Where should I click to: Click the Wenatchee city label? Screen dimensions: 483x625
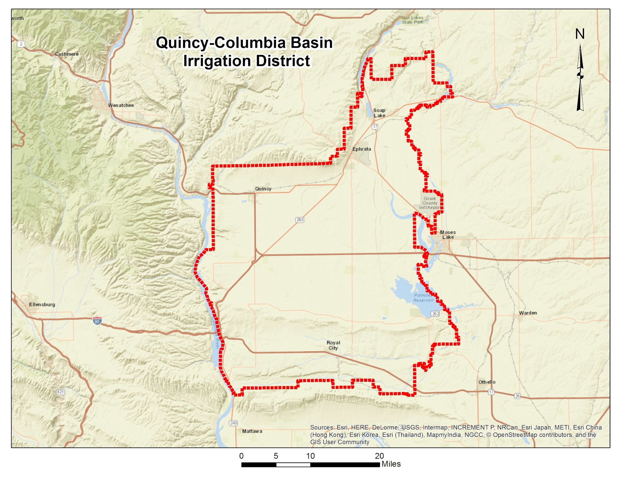(x=121, y=105)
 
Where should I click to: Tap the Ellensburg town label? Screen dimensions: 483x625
(x=42, y=304)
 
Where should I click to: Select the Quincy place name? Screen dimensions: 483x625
(x=263, y=189)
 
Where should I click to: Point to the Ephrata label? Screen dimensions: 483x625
(x=362, y=149)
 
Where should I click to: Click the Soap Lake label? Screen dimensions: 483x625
(x=379, y=113)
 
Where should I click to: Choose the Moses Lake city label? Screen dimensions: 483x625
(x=448, y=235)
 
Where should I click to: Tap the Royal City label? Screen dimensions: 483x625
(x=333, y=345)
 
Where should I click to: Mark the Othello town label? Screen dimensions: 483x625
(x=487, y=382)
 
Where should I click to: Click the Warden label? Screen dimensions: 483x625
(x=528, y=313)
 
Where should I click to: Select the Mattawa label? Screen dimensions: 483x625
(x=252, y=431)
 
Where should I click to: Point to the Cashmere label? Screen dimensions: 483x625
(x=67, y=54)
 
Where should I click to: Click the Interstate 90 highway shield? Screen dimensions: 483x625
(x=97, y=321)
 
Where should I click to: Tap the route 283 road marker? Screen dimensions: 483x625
(x=300, y=220)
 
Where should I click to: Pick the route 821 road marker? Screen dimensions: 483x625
(x=60, y=392)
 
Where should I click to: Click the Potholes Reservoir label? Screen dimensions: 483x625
(x=423, y=298)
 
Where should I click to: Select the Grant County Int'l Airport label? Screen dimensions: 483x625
(x=429, y=203)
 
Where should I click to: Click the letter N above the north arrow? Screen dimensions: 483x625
(x=580, y=34)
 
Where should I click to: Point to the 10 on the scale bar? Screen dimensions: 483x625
(x=310, y=456)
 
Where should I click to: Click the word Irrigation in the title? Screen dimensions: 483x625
(x=223, y=61)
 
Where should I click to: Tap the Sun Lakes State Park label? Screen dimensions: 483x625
(x=412, y=20)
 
